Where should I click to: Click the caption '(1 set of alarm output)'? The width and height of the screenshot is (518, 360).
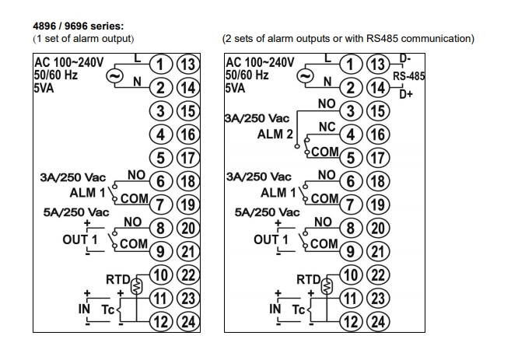point(83,39)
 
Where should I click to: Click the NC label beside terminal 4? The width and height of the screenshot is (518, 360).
point(327,126)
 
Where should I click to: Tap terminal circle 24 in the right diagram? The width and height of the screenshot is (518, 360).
point(378,320)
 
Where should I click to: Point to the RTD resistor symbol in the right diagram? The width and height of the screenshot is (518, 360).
point(327,285)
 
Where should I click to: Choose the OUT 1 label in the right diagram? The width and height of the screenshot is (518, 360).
point(271,239)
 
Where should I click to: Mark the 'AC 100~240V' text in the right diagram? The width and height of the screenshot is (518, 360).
point(260,62)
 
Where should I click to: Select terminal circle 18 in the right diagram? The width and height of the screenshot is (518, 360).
point(378,180)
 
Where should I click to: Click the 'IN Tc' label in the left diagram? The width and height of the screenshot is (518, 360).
point(96,309)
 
